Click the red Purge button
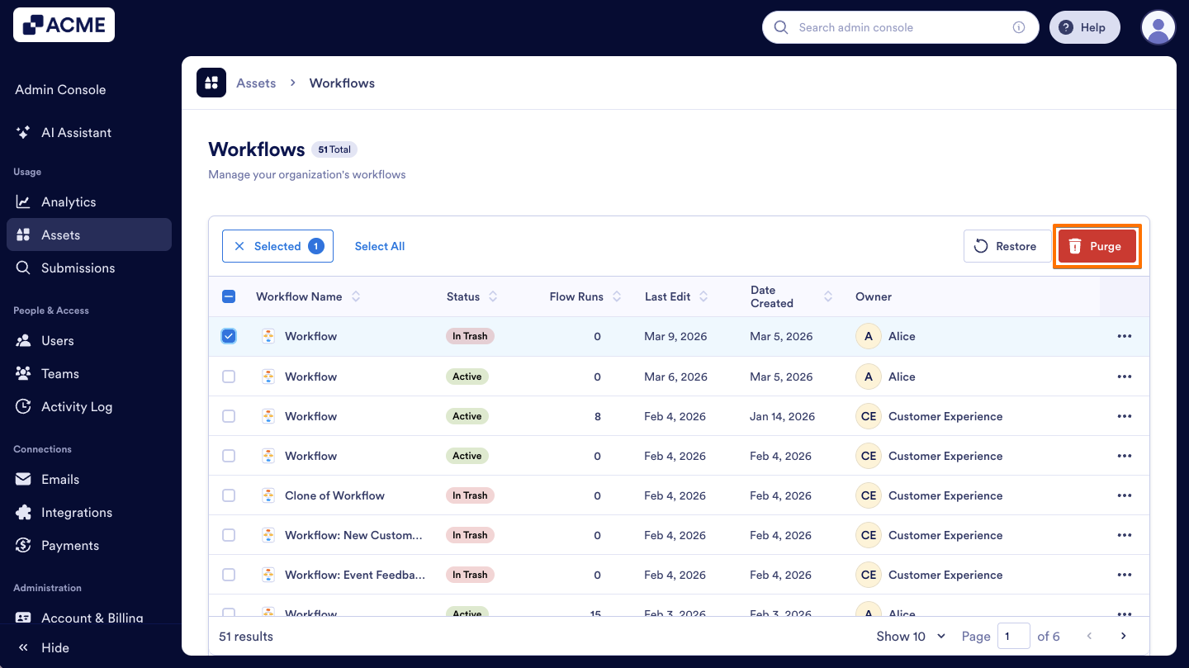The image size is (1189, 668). [1097, 246]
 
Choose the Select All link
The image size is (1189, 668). [380, 246]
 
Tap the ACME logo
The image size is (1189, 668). [64, 25]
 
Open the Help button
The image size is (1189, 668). [1084, 27]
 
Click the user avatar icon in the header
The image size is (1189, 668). [1158, 27]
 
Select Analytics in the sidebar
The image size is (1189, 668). [69, 201]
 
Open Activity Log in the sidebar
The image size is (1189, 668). [77, 406]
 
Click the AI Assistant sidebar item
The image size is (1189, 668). [76, 132]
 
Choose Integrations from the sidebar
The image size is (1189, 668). [77, 512]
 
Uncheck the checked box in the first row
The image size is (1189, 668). [229, 336]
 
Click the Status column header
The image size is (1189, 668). [463, 296]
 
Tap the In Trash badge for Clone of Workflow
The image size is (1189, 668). [470, 495]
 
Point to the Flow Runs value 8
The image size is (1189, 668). [597, 416]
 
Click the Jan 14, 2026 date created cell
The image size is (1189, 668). [782, 416]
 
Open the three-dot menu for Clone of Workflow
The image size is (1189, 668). [1124, 495]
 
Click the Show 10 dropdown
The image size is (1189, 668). [911, 636]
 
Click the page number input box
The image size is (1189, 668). [1013, 636]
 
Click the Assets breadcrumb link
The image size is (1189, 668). [256, 83]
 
